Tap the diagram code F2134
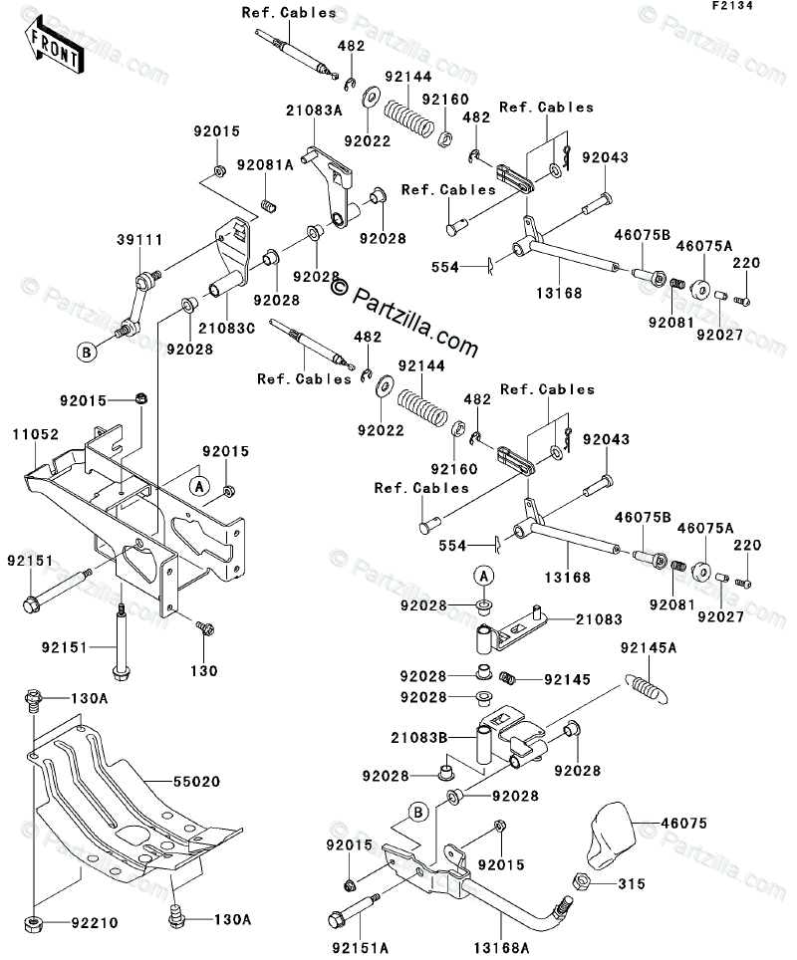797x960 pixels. pos(732,6)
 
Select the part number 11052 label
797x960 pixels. pos(36,434)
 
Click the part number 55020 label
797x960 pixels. pos(196,781)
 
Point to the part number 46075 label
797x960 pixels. pos(683,823)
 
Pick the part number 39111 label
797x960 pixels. pos(139,239)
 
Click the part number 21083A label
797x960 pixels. pos(314,111)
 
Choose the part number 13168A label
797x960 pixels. pos(503,948)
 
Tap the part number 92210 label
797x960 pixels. pos(95,922)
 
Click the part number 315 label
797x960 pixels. pos(632,883)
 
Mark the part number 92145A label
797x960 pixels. pos(649,647)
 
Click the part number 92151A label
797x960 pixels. pos(361,948)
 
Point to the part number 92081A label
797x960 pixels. pos(265,164)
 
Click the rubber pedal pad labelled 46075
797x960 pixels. pos(609,834)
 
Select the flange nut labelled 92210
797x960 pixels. pos(34,922)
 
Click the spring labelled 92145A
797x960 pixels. pos(646,688)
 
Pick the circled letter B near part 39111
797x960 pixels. pos(87,353)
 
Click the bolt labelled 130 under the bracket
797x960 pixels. pos(204,627)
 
